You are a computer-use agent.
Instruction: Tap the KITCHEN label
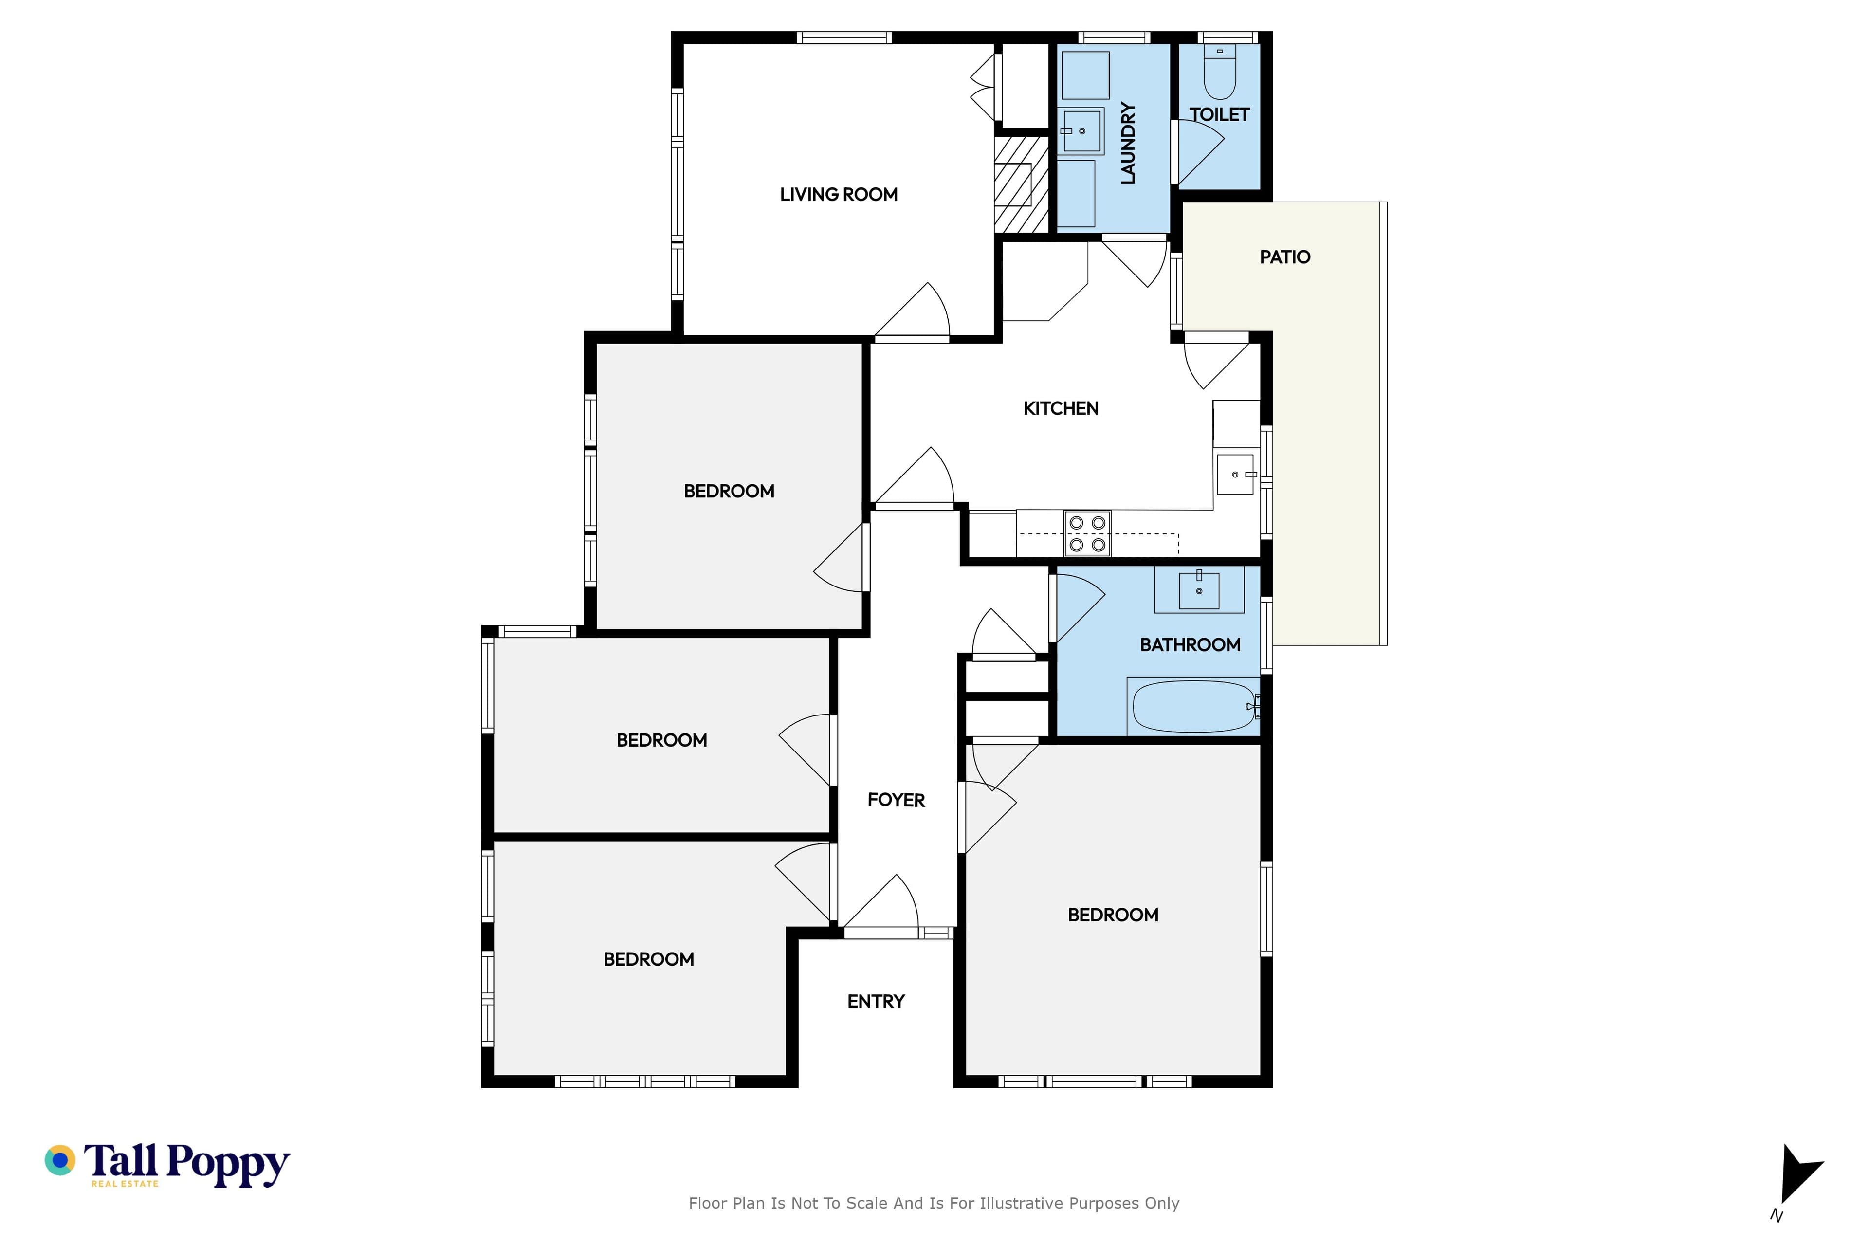(1061, 408)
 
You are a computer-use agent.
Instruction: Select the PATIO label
(1285, 257)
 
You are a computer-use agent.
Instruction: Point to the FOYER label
(897, 800)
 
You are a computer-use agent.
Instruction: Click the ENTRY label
(876, 1001)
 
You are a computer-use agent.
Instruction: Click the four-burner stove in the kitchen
(1087, 533)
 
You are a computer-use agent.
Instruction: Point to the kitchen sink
(1236, 475)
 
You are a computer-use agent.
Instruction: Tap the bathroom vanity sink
(1199, 589)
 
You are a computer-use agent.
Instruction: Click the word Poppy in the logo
(228, 1165)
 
